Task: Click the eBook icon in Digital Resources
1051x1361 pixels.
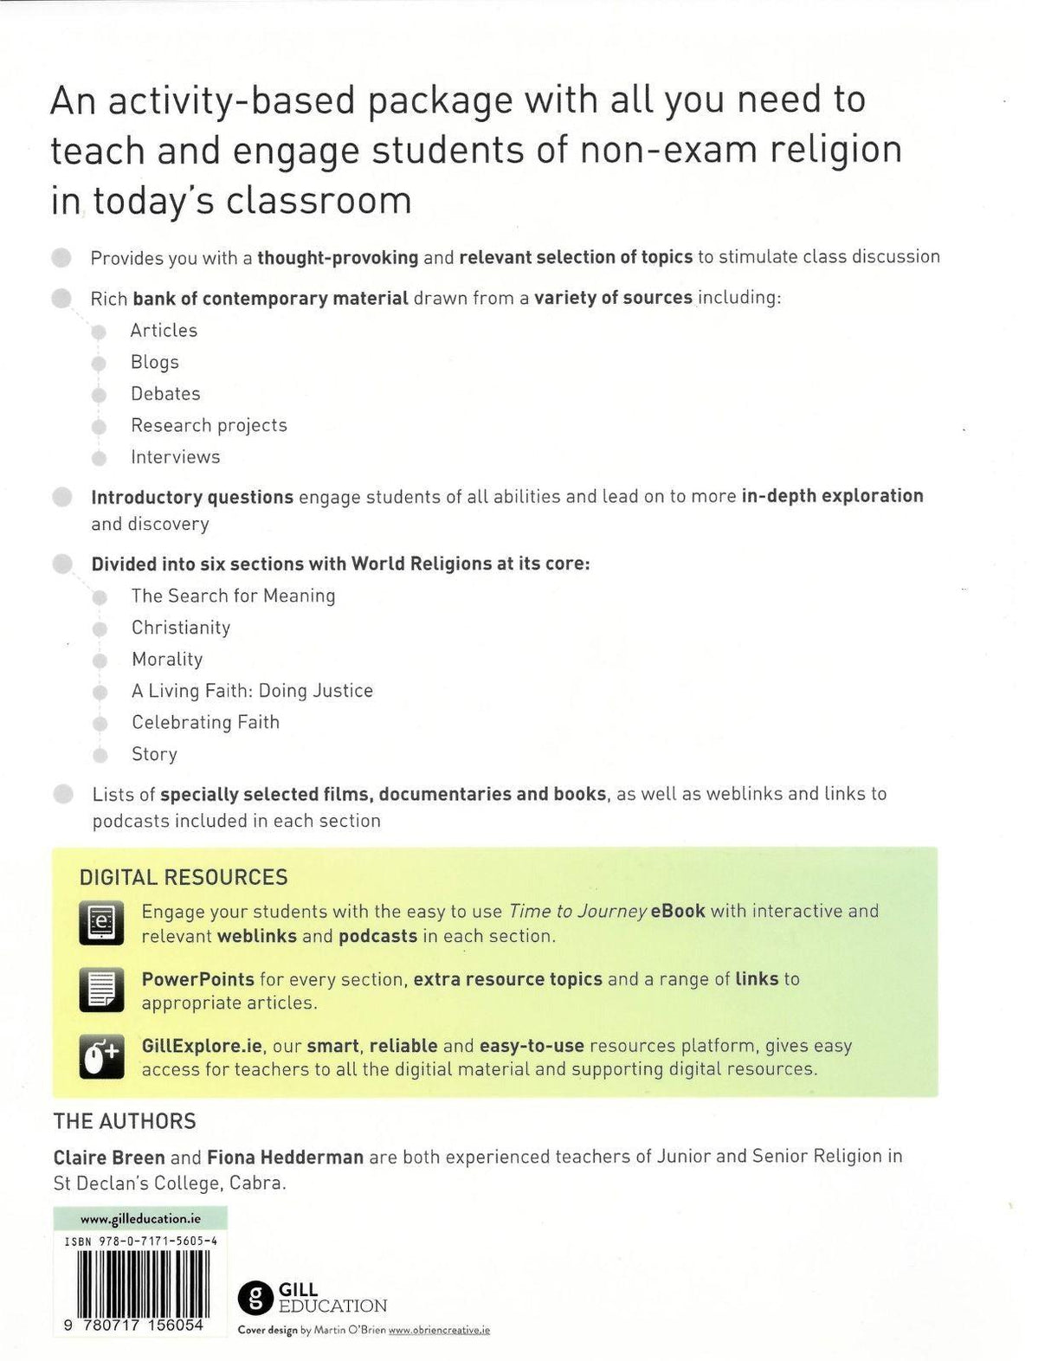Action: coord(101,923)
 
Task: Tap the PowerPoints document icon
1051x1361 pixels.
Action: coord(101,990)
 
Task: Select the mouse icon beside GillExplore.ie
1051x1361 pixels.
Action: coord(101,1056)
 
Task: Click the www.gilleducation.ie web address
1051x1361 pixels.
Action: coord(140,1218)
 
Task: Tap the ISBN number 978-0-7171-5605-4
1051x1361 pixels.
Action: coord(140,1241)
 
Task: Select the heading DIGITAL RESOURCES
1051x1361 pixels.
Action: coord(184,877)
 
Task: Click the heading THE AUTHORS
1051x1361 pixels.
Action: coord(125,1121)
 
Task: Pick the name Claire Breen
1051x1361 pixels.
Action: coord(108,1157)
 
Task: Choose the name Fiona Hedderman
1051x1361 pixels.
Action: coord(285,1157)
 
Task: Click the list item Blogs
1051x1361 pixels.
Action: coord(155,362)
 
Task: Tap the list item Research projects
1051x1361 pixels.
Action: coord(209,425)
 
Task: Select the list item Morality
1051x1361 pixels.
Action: coord(167,659)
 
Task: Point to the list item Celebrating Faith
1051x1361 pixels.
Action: coord(205,722)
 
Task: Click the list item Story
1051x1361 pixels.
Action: coord(154,754)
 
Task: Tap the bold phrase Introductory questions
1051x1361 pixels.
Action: coord(192,497)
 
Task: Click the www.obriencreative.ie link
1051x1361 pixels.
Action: coord(439,1330)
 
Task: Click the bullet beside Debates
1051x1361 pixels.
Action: coord(100,395)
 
